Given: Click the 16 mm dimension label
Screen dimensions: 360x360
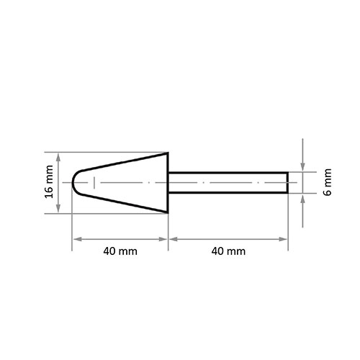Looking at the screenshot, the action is pos(49,181).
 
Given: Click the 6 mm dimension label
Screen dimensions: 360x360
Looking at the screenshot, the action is pos(328,182).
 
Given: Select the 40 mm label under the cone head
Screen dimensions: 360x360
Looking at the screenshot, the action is pos(120,251).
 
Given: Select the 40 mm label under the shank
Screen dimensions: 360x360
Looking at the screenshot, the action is pos(228,251).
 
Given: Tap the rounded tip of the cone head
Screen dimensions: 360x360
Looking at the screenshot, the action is pos(73,183).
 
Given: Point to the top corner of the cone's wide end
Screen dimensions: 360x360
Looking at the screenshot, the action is pos(168,153).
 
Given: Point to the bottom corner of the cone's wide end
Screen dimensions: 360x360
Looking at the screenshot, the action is pos(168,212).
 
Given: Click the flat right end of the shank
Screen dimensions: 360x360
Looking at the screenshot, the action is pos(287,183).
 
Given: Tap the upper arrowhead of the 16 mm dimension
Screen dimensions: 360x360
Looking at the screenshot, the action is pos(58,157).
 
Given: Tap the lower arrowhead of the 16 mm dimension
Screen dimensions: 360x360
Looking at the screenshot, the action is pos(58,208).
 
